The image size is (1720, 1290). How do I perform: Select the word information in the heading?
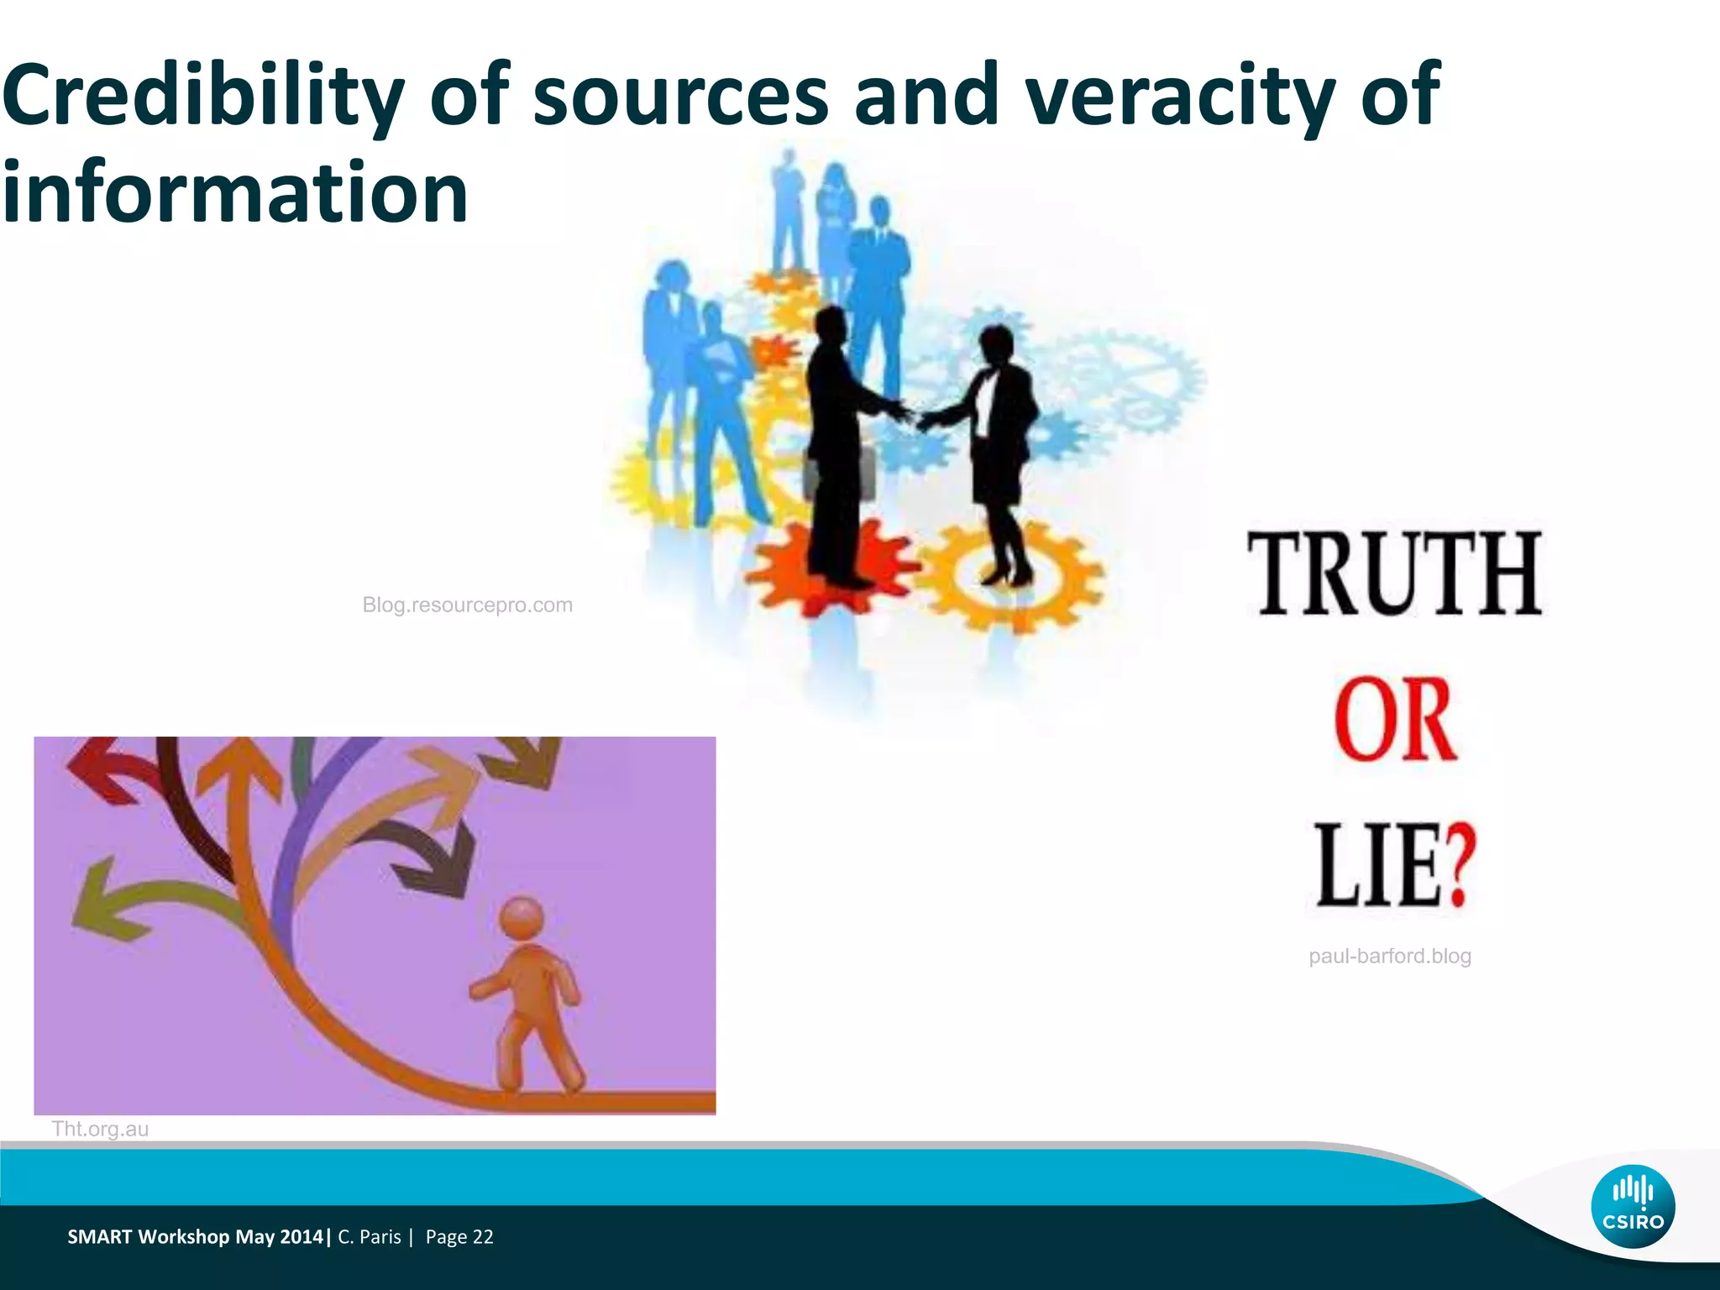coord(235,193)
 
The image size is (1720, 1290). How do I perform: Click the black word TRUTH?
coord(1394,574)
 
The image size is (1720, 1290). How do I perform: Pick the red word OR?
coord(1394,721)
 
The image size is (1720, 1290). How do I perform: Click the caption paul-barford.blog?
coord(1390,956)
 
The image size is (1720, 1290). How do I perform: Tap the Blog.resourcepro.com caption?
coord(467,605)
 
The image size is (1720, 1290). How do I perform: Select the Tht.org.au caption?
coord(100,1129)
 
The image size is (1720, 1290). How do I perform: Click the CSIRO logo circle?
coord(1633,1208)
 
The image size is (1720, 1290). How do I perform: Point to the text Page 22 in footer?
coord(459,1236)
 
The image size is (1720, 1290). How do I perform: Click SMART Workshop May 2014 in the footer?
coord(195,1236)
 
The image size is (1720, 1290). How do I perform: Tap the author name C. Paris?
coord(370,1236)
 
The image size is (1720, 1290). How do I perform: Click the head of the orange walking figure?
coord(522,918)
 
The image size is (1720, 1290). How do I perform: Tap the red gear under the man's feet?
coord(831,571)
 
